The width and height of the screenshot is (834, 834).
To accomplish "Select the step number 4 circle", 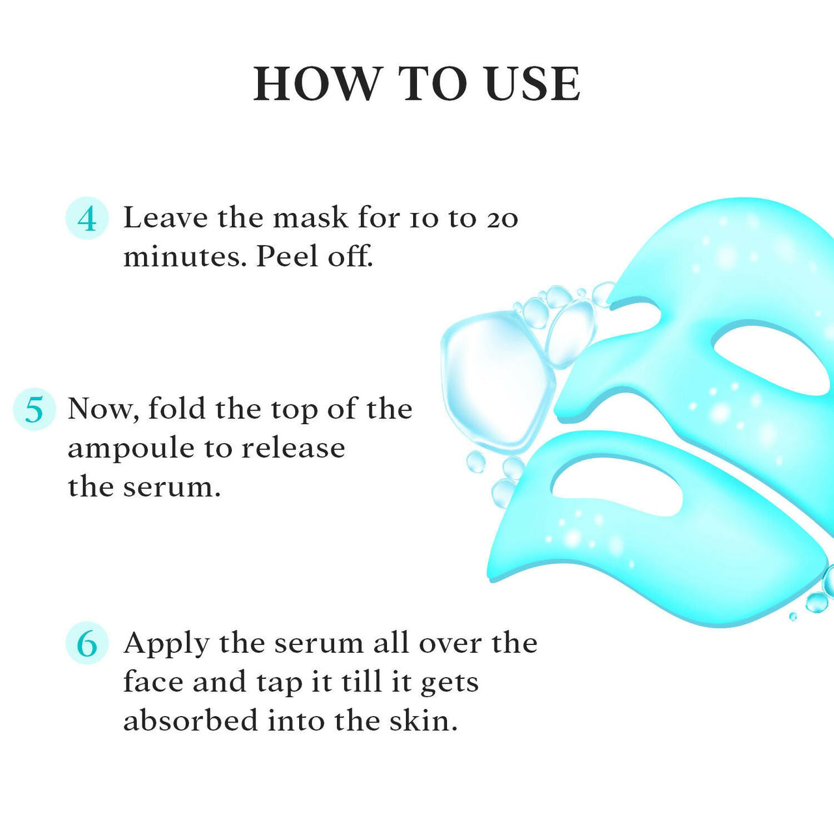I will [87, 218].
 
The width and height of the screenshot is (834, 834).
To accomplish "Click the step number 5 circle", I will [34, 409].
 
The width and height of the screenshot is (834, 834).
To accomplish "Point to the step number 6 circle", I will [87, 643].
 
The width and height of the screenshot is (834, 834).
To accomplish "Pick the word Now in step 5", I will [102, 409].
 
